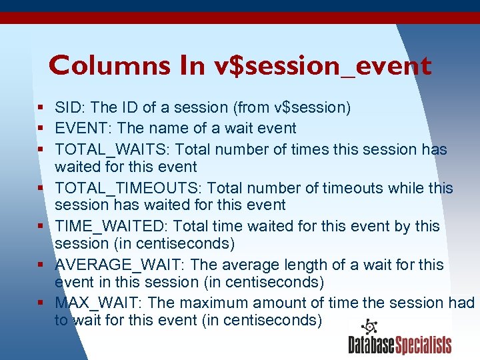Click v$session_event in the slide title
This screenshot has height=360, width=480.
pos(321,65)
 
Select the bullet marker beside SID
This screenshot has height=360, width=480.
pos(41,107)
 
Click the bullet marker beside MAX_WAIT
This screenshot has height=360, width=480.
pos(41,303)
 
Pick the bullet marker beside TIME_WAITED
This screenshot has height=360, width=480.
pos(41,226)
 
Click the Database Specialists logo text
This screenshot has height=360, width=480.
pos(399,345)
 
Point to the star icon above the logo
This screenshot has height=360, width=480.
pos(368,327)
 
